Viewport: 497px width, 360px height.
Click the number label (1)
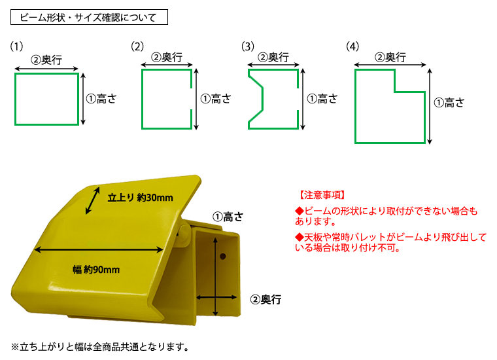[x=16, y=46]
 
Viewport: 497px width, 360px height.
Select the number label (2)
[x=137, y=46]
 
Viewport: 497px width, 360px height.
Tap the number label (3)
[x=247, y=46]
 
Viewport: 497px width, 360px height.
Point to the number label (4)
[x=352, y=46]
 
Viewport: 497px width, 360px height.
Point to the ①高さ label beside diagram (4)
[x=449, y=102]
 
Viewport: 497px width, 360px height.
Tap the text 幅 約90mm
[x=96, y=269]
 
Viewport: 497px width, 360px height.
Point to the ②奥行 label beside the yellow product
[x=266, y=300]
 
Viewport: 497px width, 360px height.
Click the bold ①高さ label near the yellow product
[x=227, y=217]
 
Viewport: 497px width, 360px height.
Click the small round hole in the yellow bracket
[x=223, y=253]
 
